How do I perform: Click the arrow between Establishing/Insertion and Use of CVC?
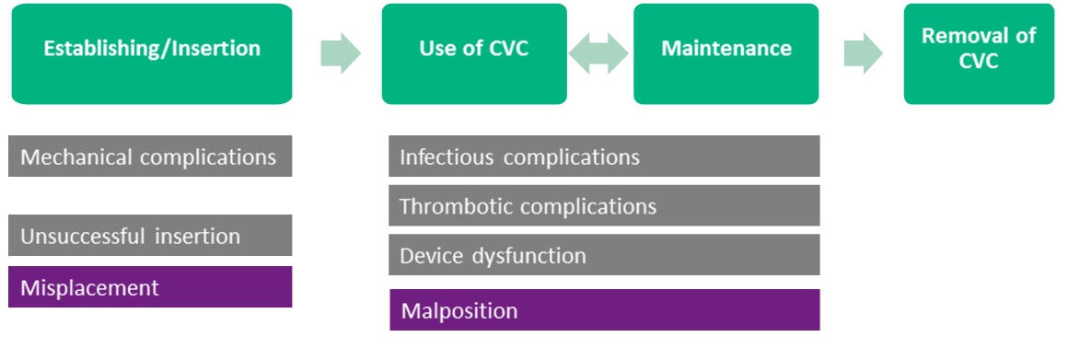(x=340, y=53)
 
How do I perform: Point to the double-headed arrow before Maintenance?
(x=599, y=53)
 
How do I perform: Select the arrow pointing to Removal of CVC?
(x=863, y=53)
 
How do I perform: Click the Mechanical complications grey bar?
(x=150, y=157)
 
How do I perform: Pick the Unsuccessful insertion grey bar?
(x=150, y=236)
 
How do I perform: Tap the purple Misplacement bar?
(x=150, y=287)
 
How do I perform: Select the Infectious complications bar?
(x=604, y=157)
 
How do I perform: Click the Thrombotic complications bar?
(x=604, y=205)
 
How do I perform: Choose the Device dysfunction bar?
(x=604, y=255)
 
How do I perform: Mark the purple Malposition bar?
(x=604, y=310)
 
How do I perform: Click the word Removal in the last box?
(x=979, y=36)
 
